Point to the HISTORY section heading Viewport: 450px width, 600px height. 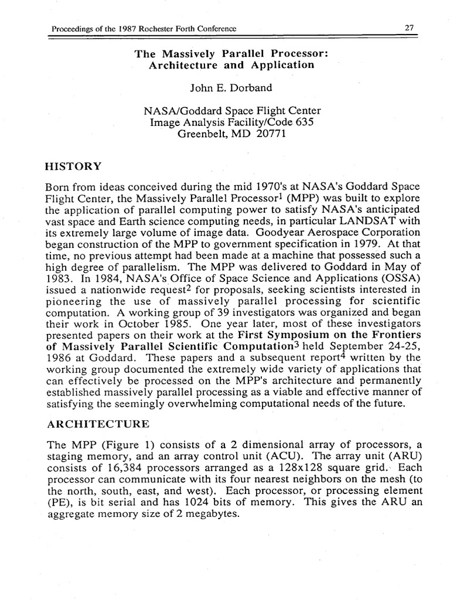73,166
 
